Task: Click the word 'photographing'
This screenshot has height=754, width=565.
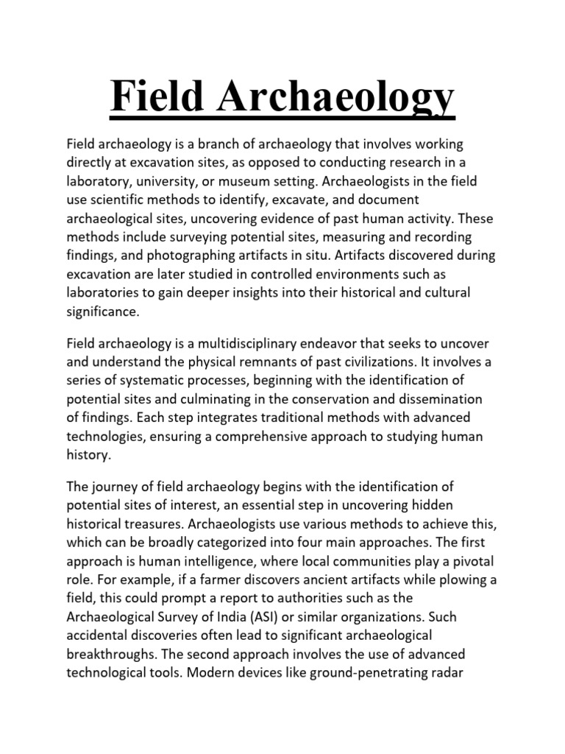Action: point(197,255)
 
